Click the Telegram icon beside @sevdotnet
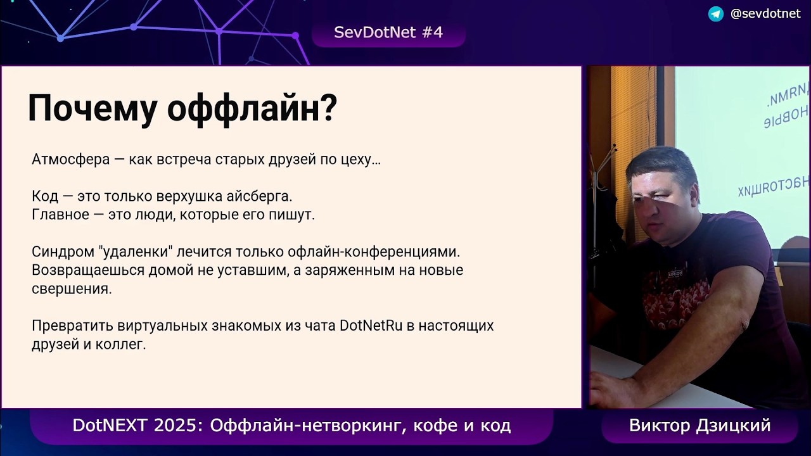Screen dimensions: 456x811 click(715, 14)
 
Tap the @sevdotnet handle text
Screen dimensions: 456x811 click(765, 14)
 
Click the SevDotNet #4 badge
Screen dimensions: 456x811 click(388, 33)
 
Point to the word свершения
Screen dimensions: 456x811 click(71, 289)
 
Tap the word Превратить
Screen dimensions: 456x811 click(72, 326)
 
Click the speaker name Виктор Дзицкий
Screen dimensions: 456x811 click(699, 426)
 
